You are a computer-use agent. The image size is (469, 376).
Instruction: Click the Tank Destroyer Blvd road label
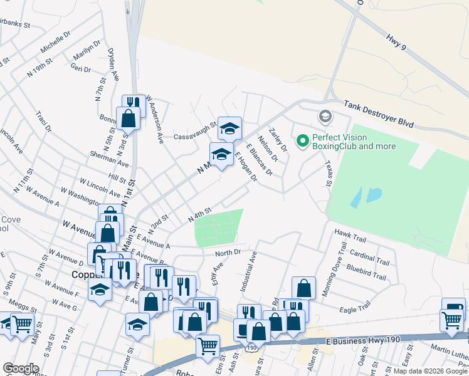point(379,113)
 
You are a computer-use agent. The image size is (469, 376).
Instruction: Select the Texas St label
point(327,172)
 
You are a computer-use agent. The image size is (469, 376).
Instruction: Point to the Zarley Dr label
point(277,140)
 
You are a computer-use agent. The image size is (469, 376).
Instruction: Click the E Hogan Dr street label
point(246,166)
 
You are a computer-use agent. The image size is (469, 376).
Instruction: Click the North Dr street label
point(228,253)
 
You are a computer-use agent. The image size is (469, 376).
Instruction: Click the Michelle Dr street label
point(53,42)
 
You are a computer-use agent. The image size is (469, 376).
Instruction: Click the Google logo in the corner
point(21,368)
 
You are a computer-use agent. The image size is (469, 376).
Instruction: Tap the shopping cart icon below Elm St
point(208,345)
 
